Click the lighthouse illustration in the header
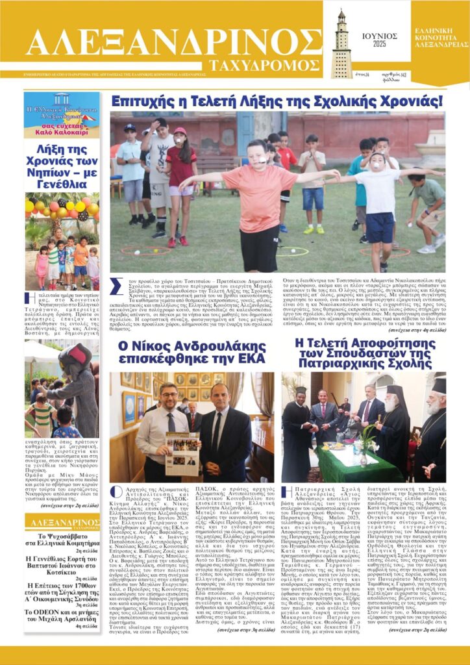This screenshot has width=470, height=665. click(341, 44)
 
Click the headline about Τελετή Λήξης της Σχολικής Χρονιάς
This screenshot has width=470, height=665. click(277, 101)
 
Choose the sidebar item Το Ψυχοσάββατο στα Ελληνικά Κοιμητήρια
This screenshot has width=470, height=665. click(62, 541)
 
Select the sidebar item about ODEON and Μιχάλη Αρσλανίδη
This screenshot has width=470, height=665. click(62, 615)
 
